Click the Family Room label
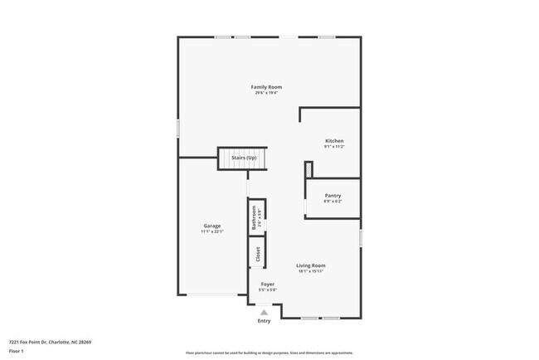[267, 87]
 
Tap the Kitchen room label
[333, 141]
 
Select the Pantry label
[333, 196]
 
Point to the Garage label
[212, 226]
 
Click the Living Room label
[311, 265]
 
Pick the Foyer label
[267, 284]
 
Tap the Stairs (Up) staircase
[244, 158]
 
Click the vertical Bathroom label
[257, 217]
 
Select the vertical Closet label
[258, 253]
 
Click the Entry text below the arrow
[264, 320]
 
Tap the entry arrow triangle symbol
[264, 313]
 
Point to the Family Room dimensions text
[267, 93]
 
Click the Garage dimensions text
[212, 231]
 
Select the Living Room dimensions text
[311, 271]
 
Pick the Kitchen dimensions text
[333, 147]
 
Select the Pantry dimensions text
[333, 202]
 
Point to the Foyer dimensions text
[267, 289]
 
